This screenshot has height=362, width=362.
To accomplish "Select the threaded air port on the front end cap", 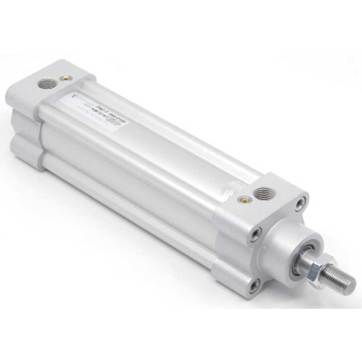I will pos(262,194).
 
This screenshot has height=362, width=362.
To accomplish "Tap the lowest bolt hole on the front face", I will pos(253,283).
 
